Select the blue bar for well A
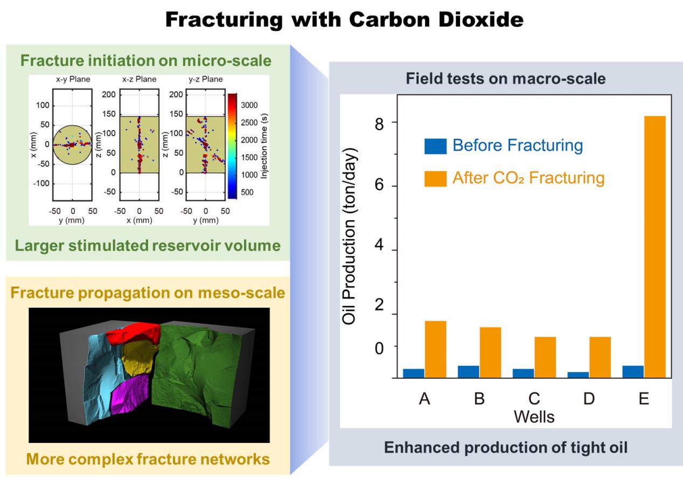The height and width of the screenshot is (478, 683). click(x=414, y=373)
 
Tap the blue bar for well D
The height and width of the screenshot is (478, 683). click(x=578, y=375)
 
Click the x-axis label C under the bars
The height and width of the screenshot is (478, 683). click(x=534, y=399)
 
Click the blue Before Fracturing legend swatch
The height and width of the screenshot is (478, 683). click(x=435, y=146)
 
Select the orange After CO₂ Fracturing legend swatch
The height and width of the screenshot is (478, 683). click(x=435, y=178)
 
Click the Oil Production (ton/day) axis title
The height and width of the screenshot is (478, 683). click(x=351, y=235)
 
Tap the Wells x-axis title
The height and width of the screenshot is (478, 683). click(x=534, y=417)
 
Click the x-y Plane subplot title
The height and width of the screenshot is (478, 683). click(x=73, y=79)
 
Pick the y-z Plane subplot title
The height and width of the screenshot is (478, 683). click(x=205, y=79)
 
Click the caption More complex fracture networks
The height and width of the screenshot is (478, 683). click(x=148, y=459)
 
